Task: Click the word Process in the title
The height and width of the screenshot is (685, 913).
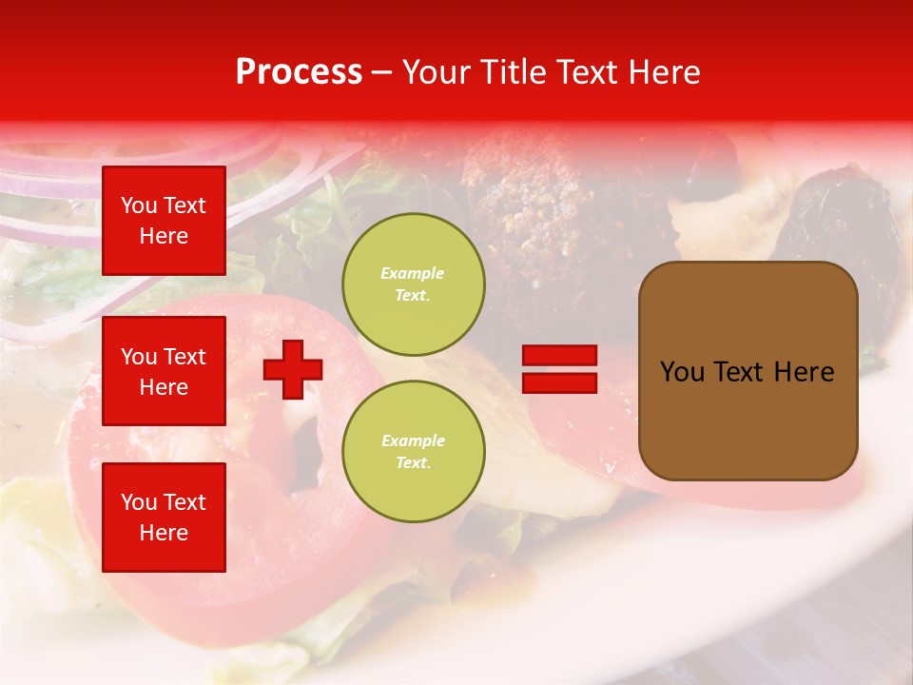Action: [299, 72]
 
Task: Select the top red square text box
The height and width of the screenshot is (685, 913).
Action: [164, 221]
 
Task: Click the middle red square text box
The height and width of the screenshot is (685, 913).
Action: [164, 371]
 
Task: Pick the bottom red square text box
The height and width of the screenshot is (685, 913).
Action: [164, 517]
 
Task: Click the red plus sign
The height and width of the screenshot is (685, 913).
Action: [293, 368]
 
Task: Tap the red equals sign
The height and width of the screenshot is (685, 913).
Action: [560, 369]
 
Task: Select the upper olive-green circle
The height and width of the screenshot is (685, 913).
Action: [413, 284]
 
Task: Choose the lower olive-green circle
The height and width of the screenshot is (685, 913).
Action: [413, 451]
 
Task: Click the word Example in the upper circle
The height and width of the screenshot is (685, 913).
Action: [412, 273]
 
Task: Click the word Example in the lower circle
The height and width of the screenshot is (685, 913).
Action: [413, 440]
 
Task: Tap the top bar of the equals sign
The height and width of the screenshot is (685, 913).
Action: [560, 356]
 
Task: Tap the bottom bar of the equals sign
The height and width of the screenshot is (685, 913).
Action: [560, 382]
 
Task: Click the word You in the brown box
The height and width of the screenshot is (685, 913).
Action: [682, 372]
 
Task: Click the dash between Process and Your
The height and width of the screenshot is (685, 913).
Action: [381, 74]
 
